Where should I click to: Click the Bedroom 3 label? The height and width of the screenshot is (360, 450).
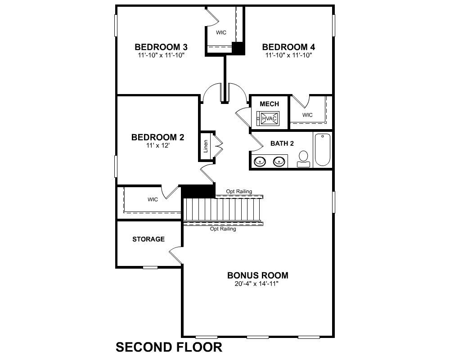tap(161, 47)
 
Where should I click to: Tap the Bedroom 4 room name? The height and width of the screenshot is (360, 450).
tap(288, 47)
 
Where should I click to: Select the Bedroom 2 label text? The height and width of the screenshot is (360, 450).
tap(157, 137)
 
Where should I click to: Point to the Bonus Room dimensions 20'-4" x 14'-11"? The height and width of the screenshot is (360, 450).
tap(256, 284)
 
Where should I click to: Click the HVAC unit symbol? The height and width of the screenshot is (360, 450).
tap(269, 118)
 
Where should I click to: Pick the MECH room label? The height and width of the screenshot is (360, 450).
tap(269, 104)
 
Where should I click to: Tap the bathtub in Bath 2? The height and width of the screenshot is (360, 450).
tap(323, 149)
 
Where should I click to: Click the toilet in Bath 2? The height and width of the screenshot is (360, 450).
tap(303, 159)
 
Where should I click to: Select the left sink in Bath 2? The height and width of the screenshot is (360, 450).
tap(260, 162)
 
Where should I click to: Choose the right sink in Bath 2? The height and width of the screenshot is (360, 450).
tap(279, 162)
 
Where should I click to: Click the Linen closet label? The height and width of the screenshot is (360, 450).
tap(206, 146)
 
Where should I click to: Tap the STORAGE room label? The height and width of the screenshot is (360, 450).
tap(148, 239)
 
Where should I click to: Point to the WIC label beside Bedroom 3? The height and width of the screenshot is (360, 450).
tap(221, 33)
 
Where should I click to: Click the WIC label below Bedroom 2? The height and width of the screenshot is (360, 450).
tap(153, 199)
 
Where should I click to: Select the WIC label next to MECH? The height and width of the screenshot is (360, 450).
tap(307, 115)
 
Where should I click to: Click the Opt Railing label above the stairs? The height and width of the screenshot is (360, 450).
tap(239, 192)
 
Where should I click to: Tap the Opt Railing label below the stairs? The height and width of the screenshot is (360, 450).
tap(223, 229)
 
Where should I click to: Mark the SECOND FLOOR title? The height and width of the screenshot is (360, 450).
tap(169, 347)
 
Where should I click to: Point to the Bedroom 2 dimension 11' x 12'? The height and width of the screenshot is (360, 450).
tap(157, 145)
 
